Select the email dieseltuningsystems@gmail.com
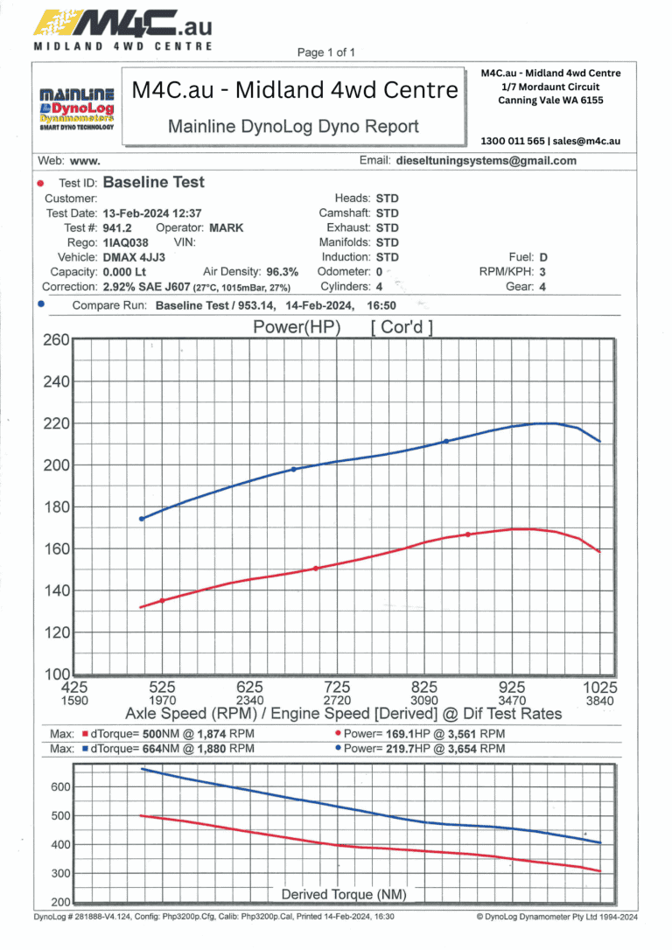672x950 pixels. (x=486, y=161)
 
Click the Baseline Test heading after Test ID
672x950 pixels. (x=154, y=183)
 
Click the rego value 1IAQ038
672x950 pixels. (x=125, y=242)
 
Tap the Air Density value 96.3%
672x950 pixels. (x=283, y=272)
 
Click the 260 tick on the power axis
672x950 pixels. (x=56, y=340)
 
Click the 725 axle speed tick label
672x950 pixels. (x=337, y=688)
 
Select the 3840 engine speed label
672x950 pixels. (x=600, y=701)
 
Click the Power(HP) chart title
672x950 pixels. (x=297, y=328)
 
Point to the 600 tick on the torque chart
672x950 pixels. (x=59, y=787)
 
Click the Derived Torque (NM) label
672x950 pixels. (x=344, y=894)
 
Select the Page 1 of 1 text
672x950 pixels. (x=325, y=52)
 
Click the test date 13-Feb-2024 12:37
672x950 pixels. (x=152, y=213)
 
